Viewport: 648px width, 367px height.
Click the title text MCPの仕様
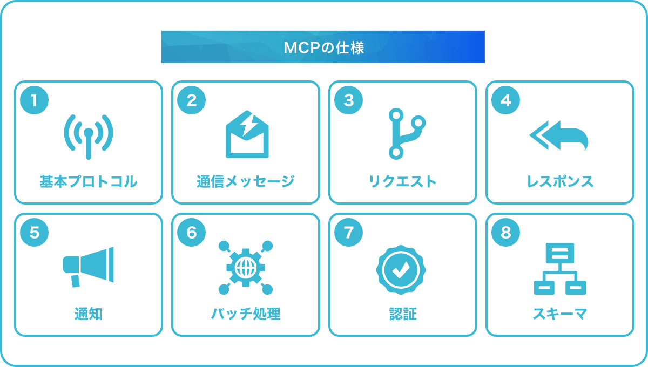coord(323,47)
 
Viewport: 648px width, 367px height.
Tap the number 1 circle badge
coord(34,100)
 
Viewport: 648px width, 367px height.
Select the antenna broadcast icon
coord(89,137)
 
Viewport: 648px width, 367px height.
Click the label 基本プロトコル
coord(88,182)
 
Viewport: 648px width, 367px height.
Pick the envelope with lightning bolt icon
coord(247,134)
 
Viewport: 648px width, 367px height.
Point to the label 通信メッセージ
coord(246,182)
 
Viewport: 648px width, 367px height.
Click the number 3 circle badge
coord(348,100)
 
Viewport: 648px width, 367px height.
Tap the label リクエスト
coord(403,182)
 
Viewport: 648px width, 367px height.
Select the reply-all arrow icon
coord(559,135)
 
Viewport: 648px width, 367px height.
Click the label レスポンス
coord(560,182)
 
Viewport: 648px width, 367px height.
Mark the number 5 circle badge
coord(34,232)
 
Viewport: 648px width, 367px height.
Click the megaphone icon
coord(89,267)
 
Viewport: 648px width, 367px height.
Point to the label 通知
coord(89,314)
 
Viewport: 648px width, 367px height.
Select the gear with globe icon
coord(246,268)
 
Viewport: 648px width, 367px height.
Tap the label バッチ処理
coord(246,314)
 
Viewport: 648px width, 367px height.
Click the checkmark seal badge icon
coord(401,270)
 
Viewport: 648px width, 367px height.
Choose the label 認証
coord(403,314)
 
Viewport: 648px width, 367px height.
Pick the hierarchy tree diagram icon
coord(560,269)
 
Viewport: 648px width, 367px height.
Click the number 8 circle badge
coord(505,232)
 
